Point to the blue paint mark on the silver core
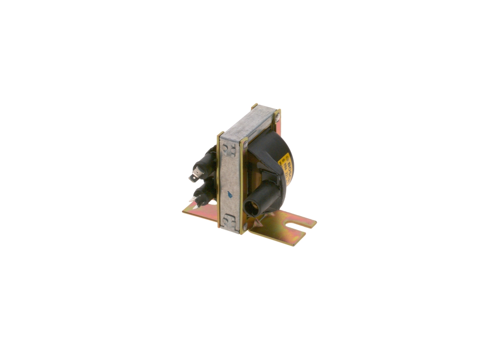[229, 194]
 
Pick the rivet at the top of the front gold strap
[244, 143]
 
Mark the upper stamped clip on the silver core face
[228, 149]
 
